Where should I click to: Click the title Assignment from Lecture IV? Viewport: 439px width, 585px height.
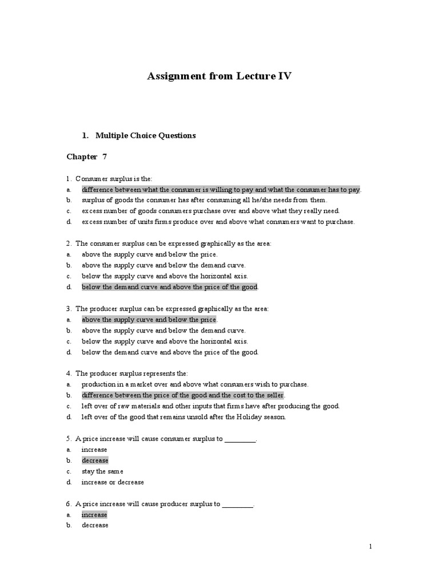[219, 76]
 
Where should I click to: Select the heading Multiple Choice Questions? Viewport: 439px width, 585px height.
[145, 135]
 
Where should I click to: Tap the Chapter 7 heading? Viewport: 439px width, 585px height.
[87, 157]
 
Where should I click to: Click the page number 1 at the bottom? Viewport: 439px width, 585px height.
[370, 547]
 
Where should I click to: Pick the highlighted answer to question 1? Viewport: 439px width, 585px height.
[221, 190]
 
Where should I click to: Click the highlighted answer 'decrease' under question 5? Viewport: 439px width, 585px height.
[95, 460]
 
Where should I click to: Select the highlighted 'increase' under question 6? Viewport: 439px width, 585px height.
[94, 515]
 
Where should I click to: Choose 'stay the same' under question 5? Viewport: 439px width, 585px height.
[102, 471]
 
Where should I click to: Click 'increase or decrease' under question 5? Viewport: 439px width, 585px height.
[113, 482]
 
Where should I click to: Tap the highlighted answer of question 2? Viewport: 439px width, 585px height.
[170, 287]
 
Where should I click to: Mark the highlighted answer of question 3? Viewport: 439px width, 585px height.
[149, 319]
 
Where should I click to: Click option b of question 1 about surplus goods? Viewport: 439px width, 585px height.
[204, 201]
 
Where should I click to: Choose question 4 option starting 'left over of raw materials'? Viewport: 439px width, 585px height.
[210, 406]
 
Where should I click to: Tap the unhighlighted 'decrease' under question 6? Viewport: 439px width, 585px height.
[95, 526]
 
